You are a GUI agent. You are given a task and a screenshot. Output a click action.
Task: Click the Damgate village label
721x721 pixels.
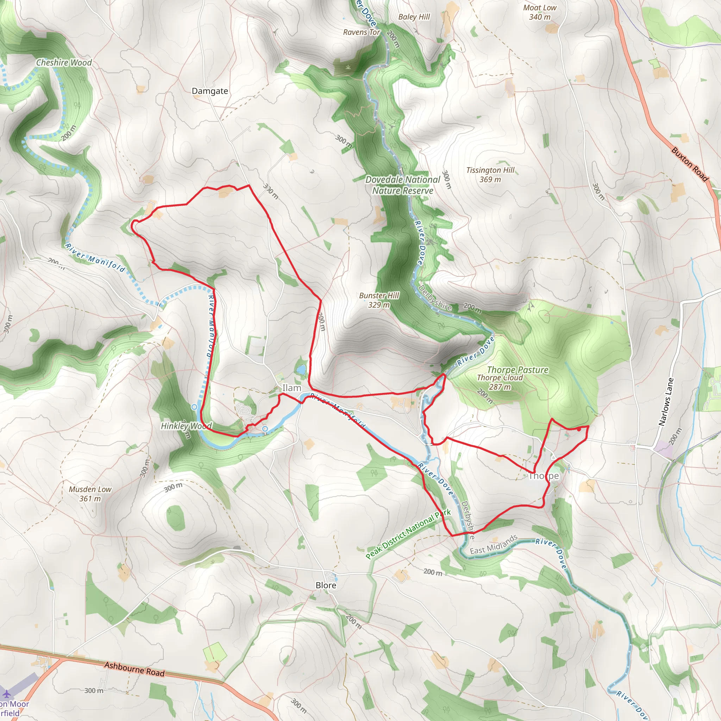pos(210,91)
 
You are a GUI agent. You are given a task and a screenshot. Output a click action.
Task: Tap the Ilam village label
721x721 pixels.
pos(291,388)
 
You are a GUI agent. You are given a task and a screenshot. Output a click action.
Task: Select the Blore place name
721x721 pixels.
pos(326,585)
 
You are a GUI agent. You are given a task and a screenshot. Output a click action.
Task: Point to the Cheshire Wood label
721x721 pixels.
pos(64,63)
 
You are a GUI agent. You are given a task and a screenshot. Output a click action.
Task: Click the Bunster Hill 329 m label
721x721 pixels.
pos(379,300)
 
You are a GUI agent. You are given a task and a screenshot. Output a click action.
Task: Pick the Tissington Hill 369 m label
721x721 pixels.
pos(490,175)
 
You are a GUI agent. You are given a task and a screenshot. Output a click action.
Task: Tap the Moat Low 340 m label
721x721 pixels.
pos(540,12)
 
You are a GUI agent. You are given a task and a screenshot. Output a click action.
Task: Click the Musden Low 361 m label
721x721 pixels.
pos(90,494)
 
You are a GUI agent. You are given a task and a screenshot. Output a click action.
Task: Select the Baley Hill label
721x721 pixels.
pos(414,17)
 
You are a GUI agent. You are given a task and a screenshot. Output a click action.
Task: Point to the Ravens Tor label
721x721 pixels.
pos(361,32)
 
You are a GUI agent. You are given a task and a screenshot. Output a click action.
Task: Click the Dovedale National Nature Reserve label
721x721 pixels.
pos(403,185)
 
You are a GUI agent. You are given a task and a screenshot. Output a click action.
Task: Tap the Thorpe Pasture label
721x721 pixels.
pos(518,370)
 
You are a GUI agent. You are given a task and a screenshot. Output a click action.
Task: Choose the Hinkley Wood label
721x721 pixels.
pos(186,426)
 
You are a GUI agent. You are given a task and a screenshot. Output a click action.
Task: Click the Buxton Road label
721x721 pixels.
pos(690,164)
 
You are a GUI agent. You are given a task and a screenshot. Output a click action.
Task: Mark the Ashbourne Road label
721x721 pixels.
pos(134,669)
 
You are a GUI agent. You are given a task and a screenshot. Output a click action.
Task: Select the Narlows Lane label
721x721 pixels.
pos(666,402)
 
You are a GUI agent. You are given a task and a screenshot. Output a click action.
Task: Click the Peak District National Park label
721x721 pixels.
pos(408,534)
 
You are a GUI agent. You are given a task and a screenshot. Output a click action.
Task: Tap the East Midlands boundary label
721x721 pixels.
pos(494,545)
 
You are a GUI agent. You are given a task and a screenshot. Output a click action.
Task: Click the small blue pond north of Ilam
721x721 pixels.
pos(301,370)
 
